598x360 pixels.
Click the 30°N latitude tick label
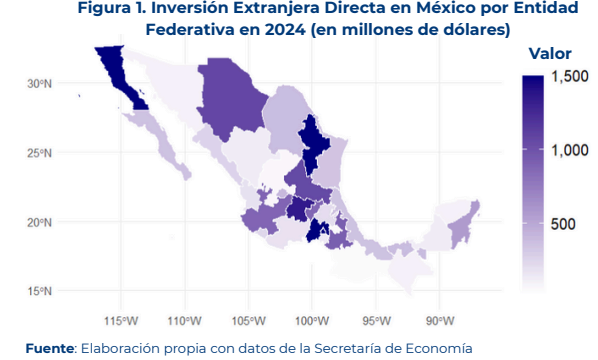click(39, 84)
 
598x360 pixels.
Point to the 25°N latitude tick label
click(39, 153)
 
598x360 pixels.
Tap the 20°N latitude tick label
click(39, 222)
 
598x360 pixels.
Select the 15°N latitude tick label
click(39, 291)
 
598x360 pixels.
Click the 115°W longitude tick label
click(121, 321)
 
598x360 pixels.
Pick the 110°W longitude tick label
click(185, 321)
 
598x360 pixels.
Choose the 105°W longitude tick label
click(248, 321)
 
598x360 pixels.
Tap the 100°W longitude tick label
click(312, 321)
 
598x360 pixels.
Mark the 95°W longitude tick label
click(376, 321)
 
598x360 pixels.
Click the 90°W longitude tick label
click(440, 321)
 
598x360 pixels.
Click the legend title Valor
click(550, 54)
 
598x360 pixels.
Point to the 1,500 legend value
click(570, 76)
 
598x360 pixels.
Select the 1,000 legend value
click(570, 150)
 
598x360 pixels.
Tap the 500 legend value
click(563, 224)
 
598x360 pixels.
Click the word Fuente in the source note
click(50, 348)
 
